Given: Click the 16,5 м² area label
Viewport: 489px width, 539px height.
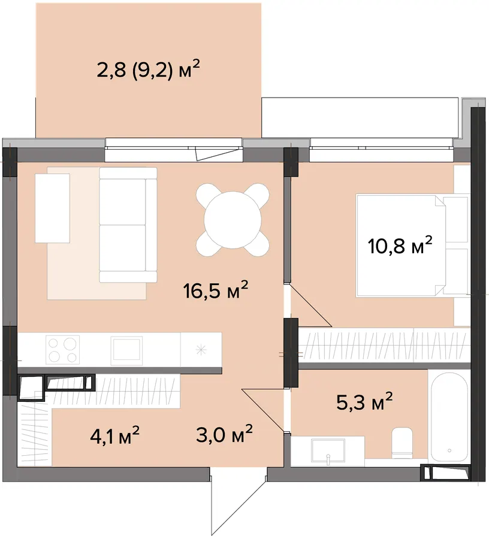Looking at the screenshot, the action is click(216, 290).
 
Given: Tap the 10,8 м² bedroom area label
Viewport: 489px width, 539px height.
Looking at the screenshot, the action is click(400, 245).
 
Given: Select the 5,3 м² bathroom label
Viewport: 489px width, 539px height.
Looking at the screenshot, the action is click(364, 402).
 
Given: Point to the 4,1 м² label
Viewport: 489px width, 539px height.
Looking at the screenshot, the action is click(114, 435).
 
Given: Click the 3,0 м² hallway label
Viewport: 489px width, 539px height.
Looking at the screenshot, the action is click(224, 434).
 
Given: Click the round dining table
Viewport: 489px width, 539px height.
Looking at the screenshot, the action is click(233, 220).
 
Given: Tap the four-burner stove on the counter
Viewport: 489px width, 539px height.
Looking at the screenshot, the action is click(62, 350).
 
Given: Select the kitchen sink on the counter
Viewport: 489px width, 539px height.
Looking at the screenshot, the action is click(126, 350).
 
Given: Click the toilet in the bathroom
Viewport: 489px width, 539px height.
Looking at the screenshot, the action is click(402, 443).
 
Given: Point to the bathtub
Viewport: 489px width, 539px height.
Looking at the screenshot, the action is click(449, 417).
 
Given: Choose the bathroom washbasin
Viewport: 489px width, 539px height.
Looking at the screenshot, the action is click(328, 450).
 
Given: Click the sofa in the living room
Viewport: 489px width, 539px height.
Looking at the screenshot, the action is click(128, 225).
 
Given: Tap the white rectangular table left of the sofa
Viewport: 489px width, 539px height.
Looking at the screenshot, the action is click(53, 208).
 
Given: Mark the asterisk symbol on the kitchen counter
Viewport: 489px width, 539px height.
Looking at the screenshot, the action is click(201, 350).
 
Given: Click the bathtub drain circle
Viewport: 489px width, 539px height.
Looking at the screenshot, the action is click(449, 450).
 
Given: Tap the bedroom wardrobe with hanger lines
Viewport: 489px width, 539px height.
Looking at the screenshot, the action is click(384, 345).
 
